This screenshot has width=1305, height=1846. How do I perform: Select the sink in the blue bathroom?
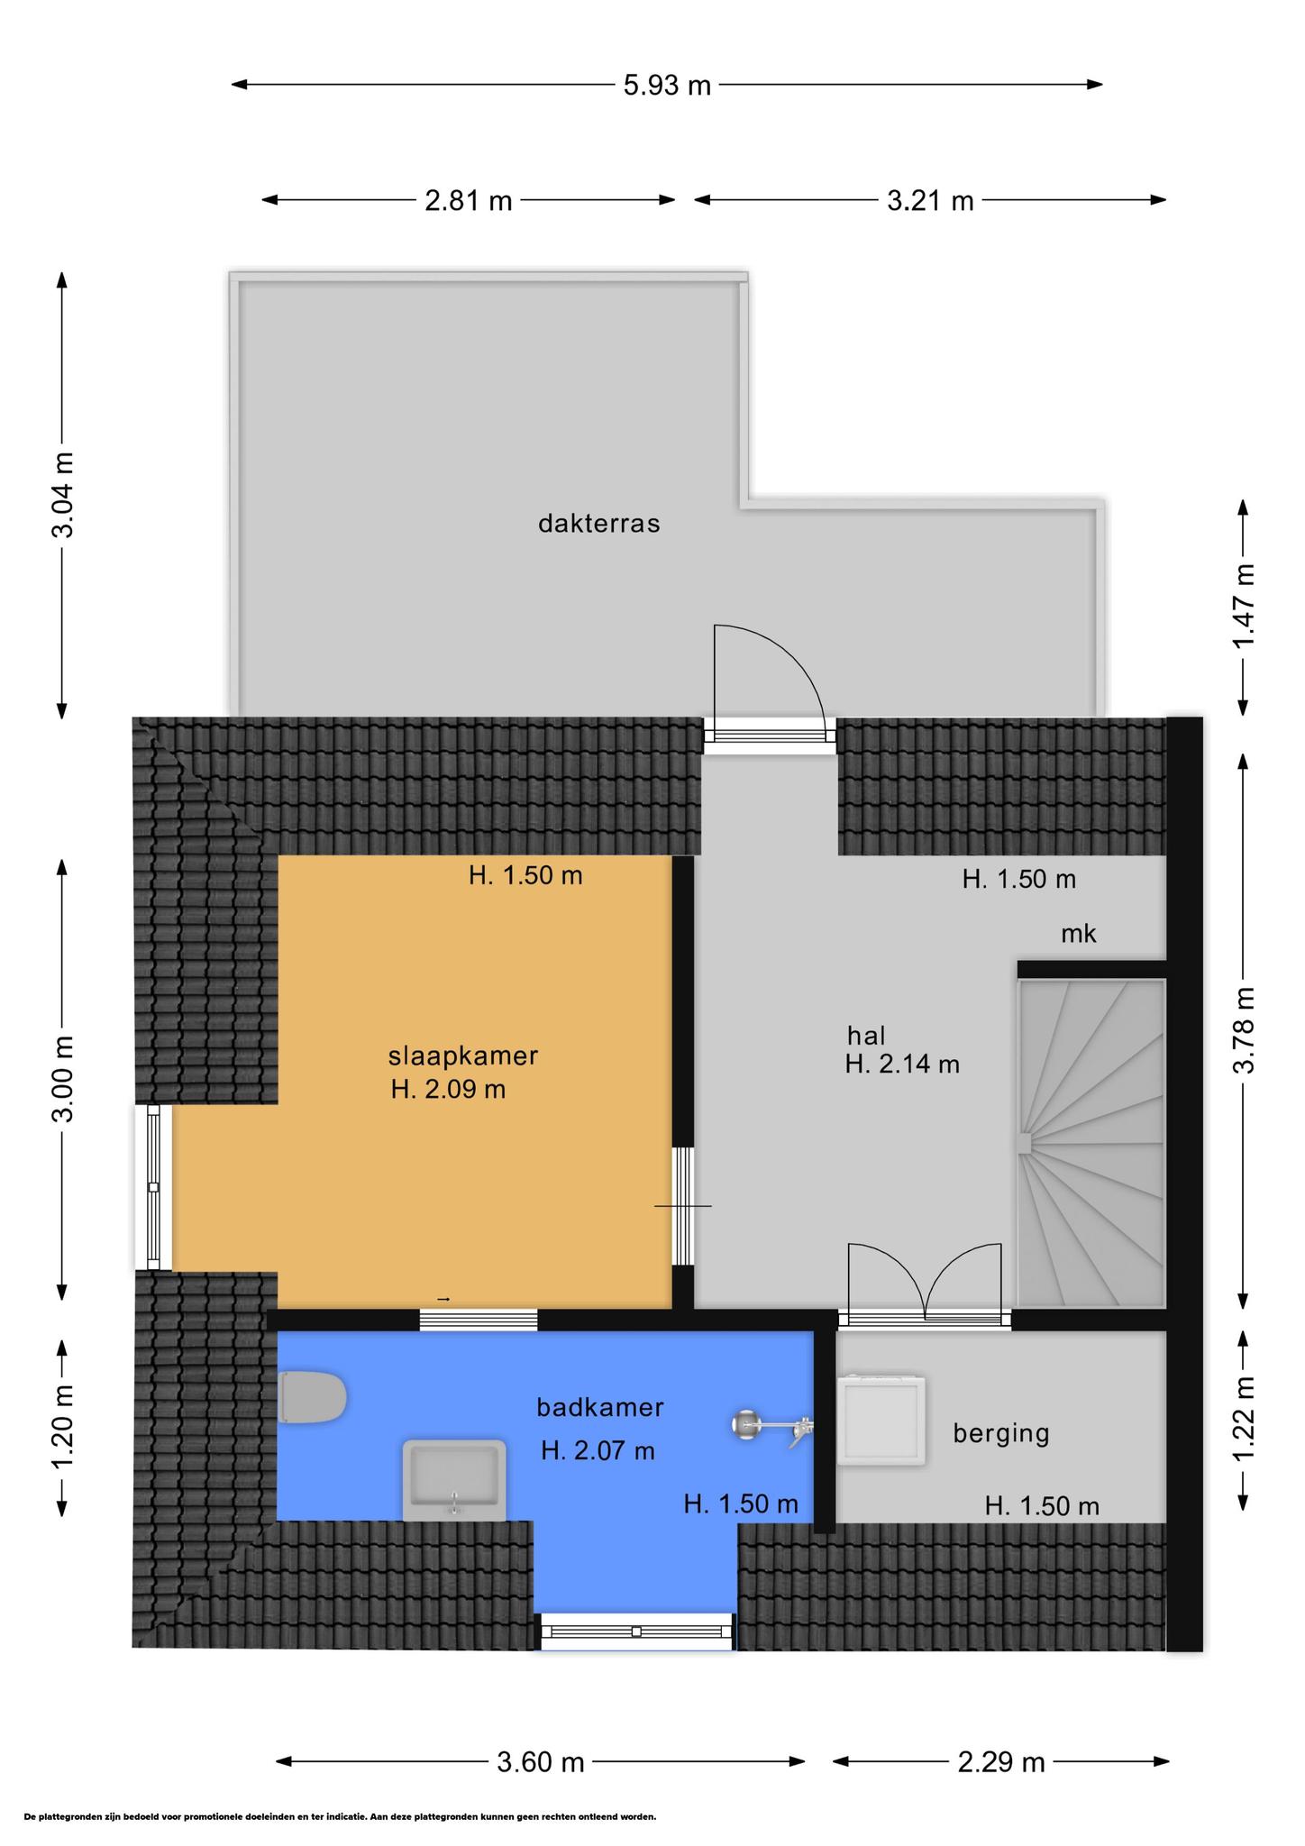(x=454, y=1480)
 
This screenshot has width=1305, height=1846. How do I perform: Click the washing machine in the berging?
(x=881, y=1419)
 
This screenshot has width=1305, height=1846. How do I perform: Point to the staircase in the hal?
(x=1091, y=1143)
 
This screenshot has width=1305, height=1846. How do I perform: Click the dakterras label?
(x=599, y=524)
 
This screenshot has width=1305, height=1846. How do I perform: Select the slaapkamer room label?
(x=463, y=1056)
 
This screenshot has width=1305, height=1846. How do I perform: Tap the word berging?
(x=1001, y=1433)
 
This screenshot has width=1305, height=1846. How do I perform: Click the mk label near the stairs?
(x=1079, y=934)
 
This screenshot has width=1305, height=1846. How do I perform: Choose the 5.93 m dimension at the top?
(x=667, y=86)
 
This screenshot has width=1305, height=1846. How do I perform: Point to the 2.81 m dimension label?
(x=469, y=200)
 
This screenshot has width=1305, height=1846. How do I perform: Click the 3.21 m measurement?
(x=931, y=200)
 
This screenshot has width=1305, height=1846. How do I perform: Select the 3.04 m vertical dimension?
(x=62, y=495)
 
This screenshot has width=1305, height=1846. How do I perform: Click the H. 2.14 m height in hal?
(x=902, y=1065)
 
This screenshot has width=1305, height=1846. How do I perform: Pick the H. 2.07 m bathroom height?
(x=598, y=1450)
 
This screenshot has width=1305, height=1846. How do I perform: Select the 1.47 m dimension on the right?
(x=1244, y=606)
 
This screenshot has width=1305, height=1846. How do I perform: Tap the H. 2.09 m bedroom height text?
(x=448, y=1090)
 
